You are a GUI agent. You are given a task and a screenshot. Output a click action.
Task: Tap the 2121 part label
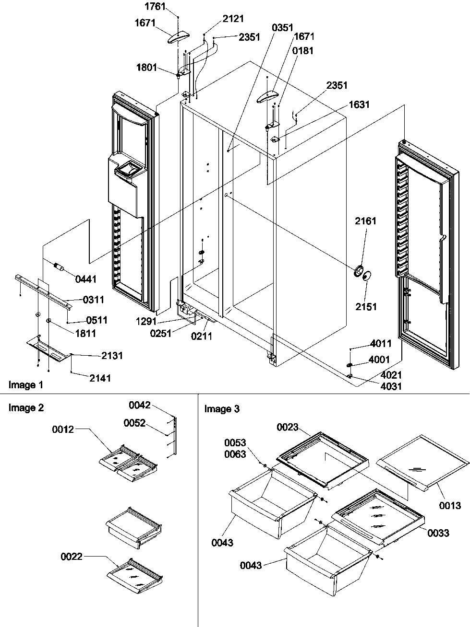(x=233, y=19)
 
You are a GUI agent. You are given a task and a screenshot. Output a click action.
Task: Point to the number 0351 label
(x=283, y=27)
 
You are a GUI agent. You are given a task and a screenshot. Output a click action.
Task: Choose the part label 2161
(x=366, y=221)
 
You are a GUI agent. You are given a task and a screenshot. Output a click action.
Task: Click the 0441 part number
(x=86, y=279)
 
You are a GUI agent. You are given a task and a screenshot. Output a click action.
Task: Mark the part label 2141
(x=100, y=378)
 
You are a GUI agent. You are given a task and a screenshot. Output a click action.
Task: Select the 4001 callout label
(x=379, y=360)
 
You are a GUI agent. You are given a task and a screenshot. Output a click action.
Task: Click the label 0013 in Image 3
(x=450, y=505)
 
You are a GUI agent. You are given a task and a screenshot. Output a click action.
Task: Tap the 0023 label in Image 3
(x=288, y=427)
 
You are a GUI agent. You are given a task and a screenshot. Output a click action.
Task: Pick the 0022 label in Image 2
(x=72, y=557)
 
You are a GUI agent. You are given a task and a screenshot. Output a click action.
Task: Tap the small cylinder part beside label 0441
(x=60, y=267)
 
